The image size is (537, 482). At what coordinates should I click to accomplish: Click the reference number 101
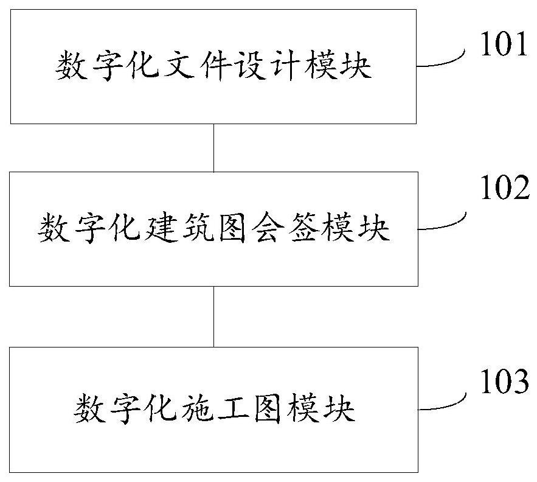pos(504,46)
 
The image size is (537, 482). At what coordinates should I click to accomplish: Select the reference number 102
pos(504,189)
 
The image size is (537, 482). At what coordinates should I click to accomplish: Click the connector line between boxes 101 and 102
pos(213,148)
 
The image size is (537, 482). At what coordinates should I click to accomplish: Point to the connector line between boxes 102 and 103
pos(213,316)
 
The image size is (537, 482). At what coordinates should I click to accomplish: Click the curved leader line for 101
pos(442,61)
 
